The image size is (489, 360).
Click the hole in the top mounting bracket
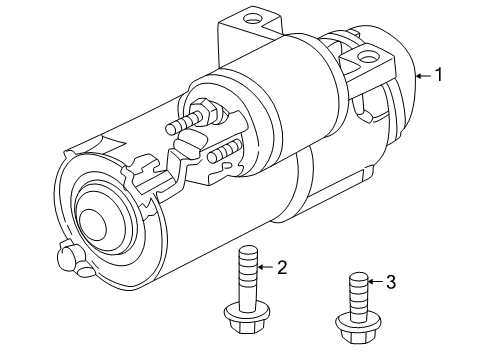(x=250, y=17)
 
